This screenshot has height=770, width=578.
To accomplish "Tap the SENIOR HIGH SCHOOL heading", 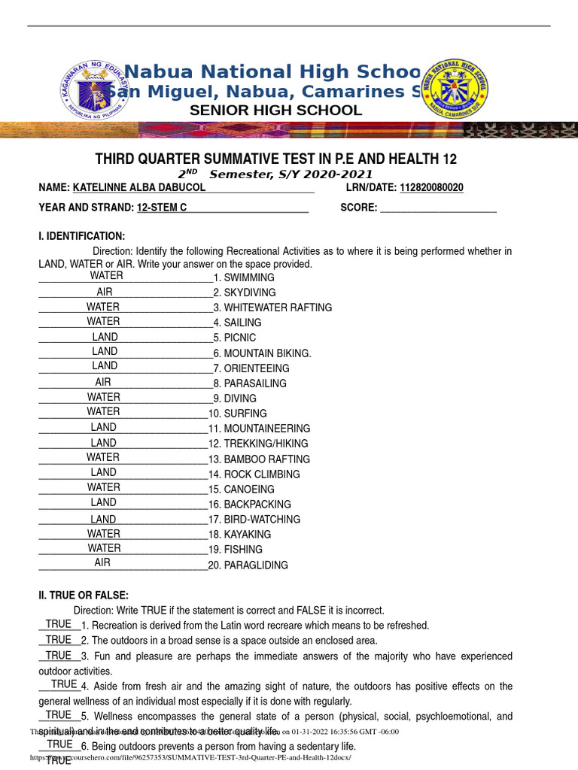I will coord(275,111).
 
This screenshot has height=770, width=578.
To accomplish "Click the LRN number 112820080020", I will coord(431,187).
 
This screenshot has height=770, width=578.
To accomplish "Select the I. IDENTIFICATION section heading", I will coord(82,236).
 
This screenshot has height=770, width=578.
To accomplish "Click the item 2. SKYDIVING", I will coord(245,293).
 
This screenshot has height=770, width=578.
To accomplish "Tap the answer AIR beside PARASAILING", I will coord(103,382).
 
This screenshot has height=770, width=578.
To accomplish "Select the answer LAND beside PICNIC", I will coord(105,337).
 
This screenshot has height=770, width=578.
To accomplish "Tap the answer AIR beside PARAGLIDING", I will coord(102,562).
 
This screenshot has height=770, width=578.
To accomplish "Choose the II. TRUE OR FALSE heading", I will coord(84,595).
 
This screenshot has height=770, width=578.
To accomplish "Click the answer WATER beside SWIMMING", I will coord(106,275).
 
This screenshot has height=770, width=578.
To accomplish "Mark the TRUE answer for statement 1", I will coord(59,624).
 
